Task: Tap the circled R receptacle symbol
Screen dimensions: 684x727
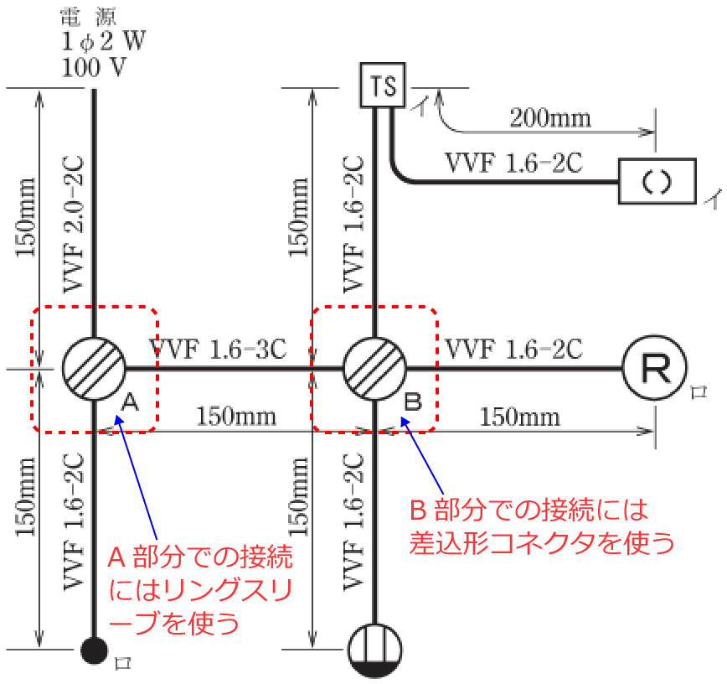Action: (654, 368)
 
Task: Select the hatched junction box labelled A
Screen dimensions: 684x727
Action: (94, 368)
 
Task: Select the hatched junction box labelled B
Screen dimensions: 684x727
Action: (374, 368)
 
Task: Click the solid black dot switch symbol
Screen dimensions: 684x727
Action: (94, 650)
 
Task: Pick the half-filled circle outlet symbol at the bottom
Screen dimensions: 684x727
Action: (374, 650)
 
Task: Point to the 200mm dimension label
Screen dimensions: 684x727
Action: (549, 117)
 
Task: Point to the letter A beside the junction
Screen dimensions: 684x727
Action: (130, 402)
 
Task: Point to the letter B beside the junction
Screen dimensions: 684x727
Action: (413, 402)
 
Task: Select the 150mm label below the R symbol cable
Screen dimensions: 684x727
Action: (519, 416)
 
